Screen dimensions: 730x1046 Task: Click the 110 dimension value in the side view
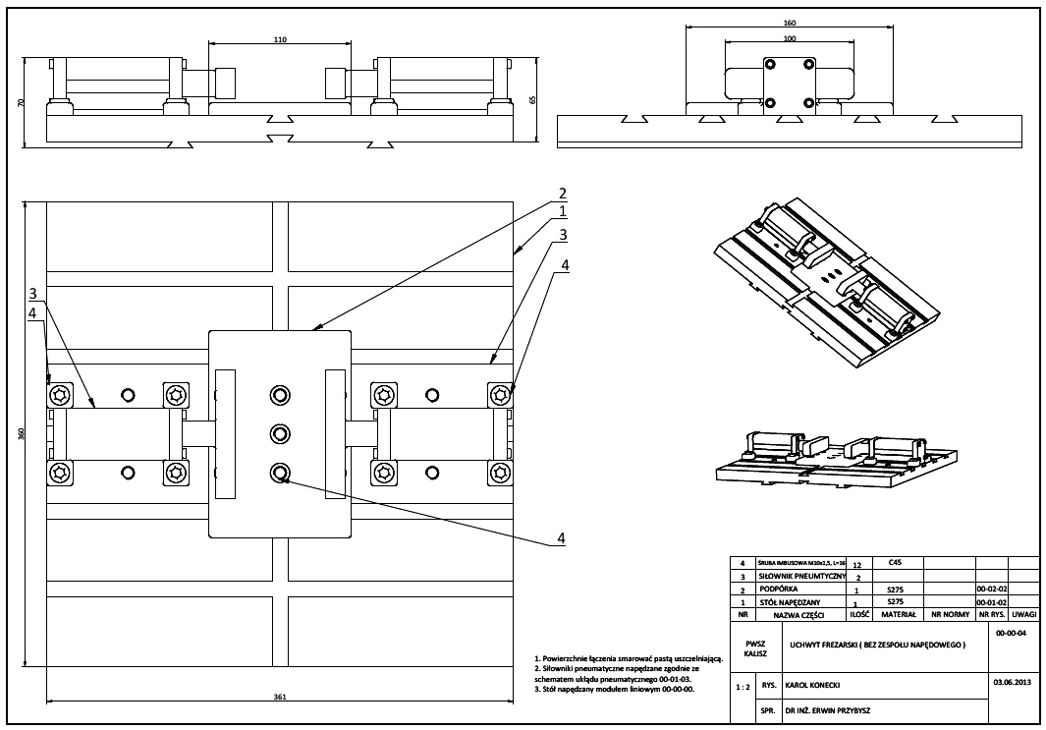pyautogui.click(x=279, y=39)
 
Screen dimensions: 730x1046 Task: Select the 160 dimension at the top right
pyautogui.click(x=790, y=22)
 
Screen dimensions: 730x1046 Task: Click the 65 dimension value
pyautogui.click(x=531, y=99)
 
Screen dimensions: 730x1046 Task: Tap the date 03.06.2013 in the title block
pyautogui.click(x=1010, y=680)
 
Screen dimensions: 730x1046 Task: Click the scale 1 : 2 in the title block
pyautogui.click(x=743, y=689)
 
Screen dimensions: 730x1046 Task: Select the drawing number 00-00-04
pyautogui.click(x=1010, y=635)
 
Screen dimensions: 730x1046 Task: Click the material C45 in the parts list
pyautogui.click(x=894, y=564)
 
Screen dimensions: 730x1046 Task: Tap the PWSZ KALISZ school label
pyautogui.click(x=754, y=649)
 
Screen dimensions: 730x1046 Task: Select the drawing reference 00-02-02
pyautogui.click(x=993, y=590)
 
